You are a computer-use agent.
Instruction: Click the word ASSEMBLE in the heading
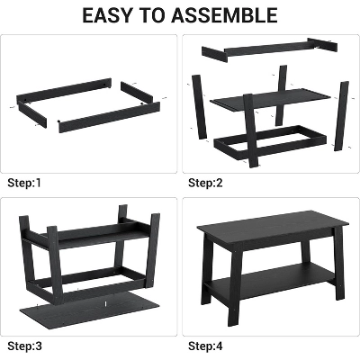(x=229, y=15)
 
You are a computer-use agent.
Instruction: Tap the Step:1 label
(x=26, y=183)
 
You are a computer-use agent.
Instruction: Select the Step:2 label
(x=206, y=183)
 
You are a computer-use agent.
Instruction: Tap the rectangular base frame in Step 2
(x=270, y=144)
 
